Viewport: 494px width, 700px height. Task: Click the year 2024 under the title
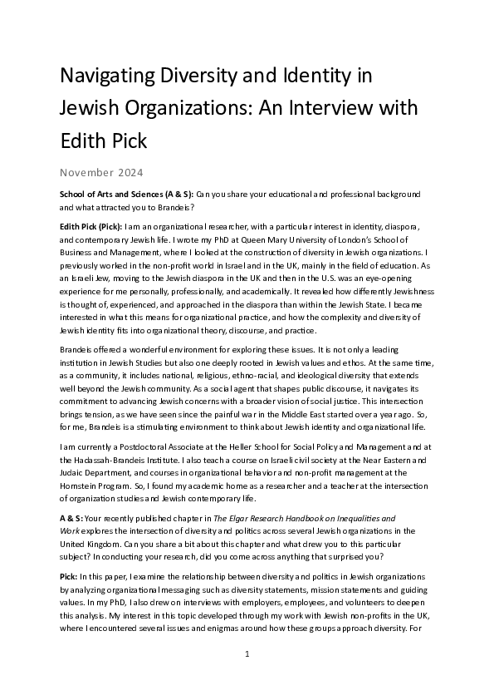pos(130,174)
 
